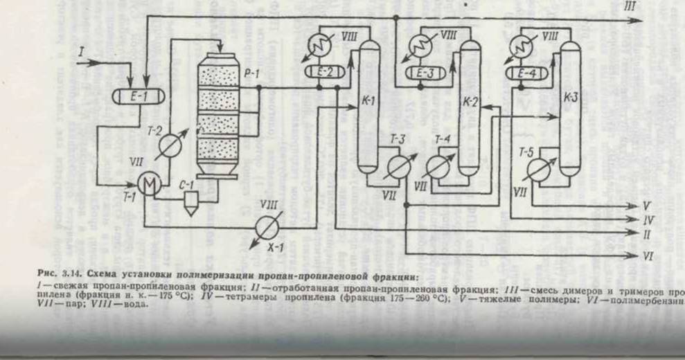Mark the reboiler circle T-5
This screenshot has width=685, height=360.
click(538, 168)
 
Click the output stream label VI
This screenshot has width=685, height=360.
click(648, 256)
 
